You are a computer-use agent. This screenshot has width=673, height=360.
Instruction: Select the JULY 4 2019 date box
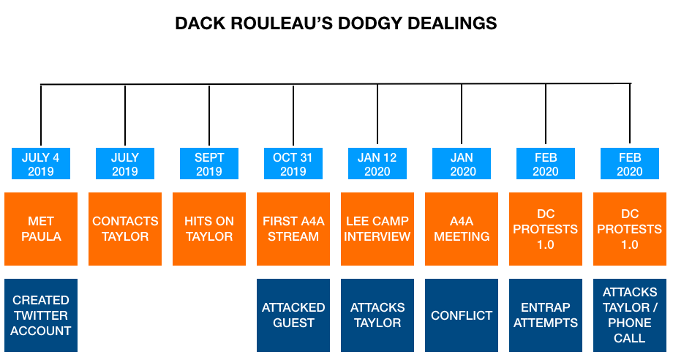point(41,163)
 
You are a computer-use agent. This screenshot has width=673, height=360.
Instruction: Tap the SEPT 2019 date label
point(209,163)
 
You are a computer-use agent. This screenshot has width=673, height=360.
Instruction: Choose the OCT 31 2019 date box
point(293,163)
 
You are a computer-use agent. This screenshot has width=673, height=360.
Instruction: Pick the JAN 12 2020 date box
point(377,163)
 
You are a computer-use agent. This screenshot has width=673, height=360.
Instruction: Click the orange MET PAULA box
point(41,229)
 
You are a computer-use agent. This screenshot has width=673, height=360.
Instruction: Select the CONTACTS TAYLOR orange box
point(125,229)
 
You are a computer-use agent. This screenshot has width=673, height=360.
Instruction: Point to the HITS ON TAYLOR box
point(209,229)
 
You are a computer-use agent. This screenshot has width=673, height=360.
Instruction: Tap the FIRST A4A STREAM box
point(293,229)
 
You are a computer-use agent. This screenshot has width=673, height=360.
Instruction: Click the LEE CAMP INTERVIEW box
point(377,229)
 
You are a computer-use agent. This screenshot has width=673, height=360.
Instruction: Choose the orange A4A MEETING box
point(462,229)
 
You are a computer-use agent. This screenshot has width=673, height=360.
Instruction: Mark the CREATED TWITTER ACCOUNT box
point(41,315)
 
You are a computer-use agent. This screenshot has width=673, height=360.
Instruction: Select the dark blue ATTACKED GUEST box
point(293,315)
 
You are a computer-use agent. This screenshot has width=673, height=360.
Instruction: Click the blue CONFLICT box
point(462,315)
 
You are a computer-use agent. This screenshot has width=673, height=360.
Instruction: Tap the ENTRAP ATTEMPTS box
point(546,315)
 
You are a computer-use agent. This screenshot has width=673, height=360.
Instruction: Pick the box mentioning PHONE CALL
point(630,315)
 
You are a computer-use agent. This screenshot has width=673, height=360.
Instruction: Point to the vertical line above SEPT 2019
point(209,115)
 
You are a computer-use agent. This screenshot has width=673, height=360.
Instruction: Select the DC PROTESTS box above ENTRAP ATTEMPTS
point(546,229)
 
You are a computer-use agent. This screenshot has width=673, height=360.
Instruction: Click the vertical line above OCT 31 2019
point(293,115)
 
